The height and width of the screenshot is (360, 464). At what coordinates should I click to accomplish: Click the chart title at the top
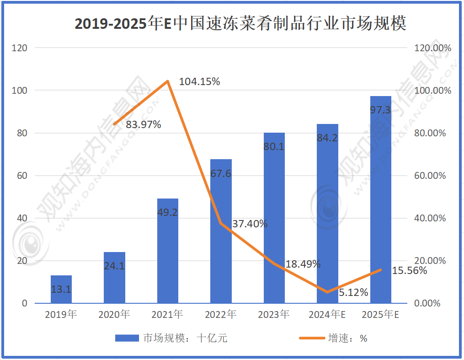point(240,23)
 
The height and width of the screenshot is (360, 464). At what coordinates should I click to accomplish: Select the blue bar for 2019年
point(61,289)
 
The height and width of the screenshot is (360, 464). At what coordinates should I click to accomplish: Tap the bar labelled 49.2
point(167,251)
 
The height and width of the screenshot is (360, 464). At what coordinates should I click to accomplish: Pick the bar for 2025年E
point(380,199)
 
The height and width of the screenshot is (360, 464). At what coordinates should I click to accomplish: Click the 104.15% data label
point(199,82)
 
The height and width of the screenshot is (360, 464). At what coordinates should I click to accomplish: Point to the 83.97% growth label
point(144,124)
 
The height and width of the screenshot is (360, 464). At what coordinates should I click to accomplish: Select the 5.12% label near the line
point(353,293)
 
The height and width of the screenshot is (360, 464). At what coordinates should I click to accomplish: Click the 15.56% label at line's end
point(409,270)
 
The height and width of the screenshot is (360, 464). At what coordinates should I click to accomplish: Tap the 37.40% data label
point(250,224)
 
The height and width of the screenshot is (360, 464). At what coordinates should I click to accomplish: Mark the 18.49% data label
point(303,264)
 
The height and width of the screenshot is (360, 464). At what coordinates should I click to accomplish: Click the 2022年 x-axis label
point(220,315)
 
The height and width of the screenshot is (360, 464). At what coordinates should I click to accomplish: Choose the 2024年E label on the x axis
point(327,315)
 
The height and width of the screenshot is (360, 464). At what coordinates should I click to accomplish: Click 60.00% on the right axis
point(430,176)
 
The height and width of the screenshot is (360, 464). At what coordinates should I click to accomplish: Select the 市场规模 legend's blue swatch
point(127,339)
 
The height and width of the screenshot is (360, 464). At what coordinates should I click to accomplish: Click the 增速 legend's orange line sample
point(311,339)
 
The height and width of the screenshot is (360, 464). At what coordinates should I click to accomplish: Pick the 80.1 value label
point(274,147)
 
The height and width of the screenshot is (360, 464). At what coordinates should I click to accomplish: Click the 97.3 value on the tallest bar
point(380,110)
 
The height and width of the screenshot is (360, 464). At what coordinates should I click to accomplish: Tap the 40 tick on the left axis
point(22,218)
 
